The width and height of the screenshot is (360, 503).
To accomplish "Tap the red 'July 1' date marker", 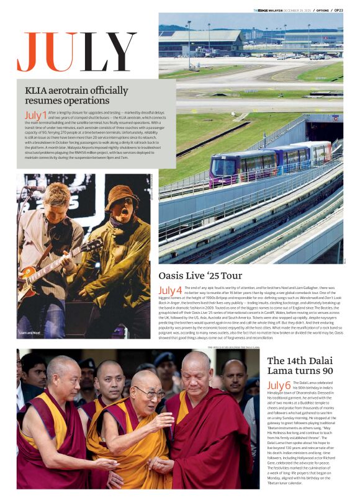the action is (35, 115).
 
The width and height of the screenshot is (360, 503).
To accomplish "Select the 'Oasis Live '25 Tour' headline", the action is (200, 275).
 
